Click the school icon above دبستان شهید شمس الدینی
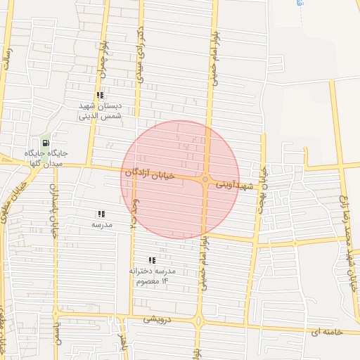coord(101,94)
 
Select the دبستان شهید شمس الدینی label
coord(101,110)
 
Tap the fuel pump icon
coord(46,143)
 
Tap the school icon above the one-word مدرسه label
coord(101,214)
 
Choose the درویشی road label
coord(157,318)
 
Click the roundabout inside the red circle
coord(205,180)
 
